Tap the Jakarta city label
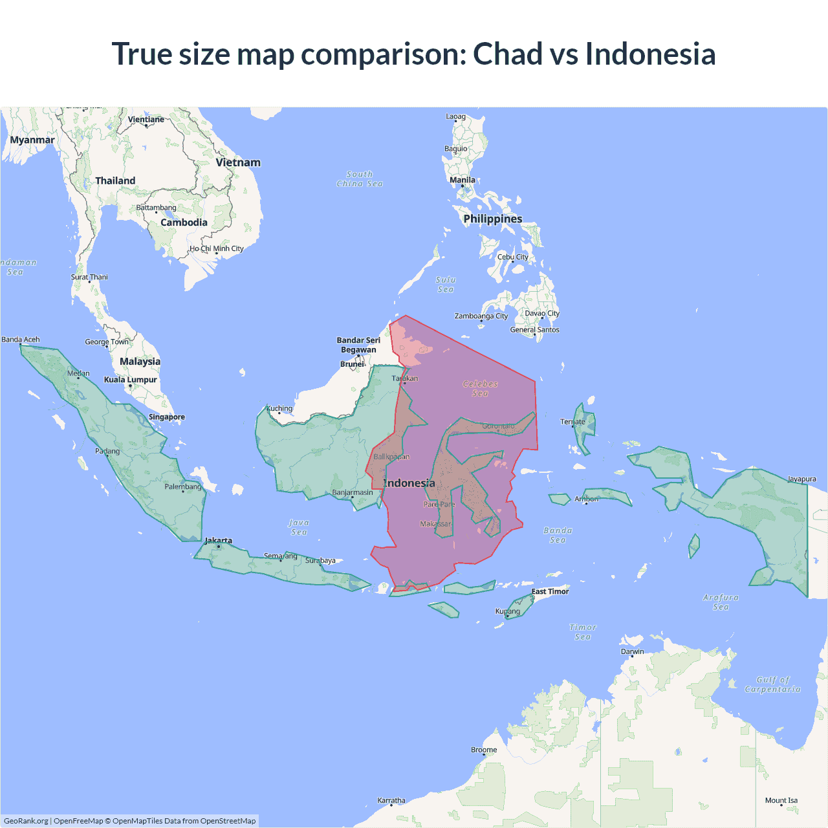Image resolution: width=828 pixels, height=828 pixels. [218, 541]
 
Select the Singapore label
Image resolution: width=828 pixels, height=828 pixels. [167, 417]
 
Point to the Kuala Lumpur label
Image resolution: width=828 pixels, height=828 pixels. [131, 380]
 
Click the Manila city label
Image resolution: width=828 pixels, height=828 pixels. [463, 180]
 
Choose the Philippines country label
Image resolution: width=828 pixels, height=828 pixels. [492, 219]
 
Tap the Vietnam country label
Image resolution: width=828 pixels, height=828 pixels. [238, 162]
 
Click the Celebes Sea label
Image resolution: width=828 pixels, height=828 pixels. [480, 388]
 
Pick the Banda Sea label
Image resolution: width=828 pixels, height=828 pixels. [558, 535]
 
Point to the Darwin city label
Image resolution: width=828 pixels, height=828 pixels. [632, 651]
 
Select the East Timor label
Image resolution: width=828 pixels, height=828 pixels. [550, 591]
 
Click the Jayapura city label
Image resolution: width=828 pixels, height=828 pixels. [801, 479]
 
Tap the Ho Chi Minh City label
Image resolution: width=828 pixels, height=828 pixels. [217, 248]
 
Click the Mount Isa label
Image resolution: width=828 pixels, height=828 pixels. [781, 800]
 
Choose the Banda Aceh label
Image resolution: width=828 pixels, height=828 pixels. [21, 340]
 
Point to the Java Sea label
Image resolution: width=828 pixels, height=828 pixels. [299, 527]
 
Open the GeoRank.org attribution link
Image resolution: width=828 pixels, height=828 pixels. [26, 821]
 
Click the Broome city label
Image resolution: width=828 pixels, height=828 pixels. [484, 750]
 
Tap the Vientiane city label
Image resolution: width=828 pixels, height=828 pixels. [146, 120]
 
